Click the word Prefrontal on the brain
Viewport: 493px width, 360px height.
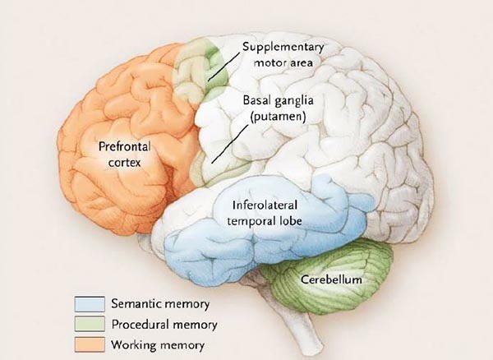point(125,146)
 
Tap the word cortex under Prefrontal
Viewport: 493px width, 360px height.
point(125,163)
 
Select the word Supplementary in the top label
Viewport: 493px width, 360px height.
point(283,47)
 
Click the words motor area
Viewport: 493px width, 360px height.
point(283,62)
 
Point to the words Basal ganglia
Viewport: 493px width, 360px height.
point(279,100)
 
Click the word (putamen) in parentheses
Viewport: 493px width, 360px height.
point(279,117)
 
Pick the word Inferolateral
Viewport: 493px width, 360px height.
point(265,205)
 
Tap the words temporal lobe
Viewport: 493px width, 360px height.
point(265,221)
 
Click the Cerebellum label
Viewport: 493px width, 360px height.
point(331,279)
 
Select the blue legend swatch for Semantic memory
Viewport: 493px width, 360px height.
point(90,304)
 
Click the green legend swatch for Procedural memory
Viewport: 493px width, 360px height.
point(90,324)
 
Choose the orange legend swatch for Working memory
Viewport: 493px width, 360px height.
point(90,344)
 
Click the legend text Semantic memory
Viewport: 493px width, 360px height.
point(160,304)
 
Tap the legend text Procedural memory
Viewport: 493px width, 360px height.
point(164,325)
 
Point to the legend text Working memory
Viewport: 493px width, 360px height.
point(158,345)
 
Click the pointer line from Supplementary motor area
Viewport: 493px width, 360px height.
point(223,67)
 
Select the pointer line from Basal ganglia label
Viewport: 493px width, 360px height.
point(230,144)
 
